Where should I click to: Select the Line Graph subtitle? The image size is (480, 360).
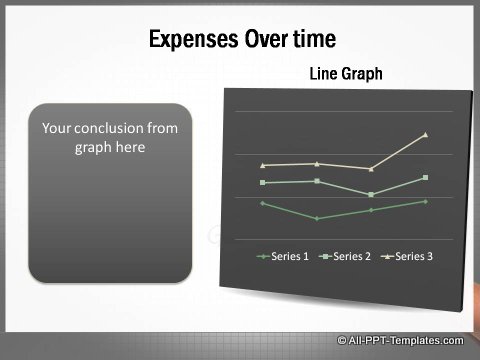tap(346, 74)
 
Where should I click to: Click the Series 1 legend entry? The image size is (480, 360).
tap(283, 257)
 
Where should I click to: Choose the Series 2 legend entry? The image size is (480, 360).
tap(345, 257)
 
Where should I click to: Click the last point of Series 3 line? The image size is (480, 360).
tap(426, 134)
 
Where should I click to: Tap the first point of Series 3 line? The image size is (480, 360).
tap(262, 165)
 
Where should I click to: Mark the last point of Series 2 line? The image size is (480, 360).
tap(426, 178)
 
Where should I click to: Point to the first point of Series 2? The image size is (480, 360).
tap(262, 182)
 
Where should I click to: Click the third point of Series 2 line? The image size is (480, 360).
tap(371, 194)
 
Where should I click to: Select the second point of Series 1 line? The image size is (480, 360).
tap(316, 218)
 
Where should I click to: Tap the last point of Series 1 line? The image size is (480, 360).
tap(426, 201)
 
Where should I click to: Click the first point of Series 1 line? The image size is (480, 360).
tap(262, 203)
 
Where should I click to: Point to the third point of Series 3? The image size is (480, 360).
tap(371, 169)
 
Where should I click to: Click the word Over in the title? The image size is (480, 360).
tap(259, 39)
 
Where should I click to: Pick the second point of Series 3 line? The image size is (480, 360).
tap(316, 163)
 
